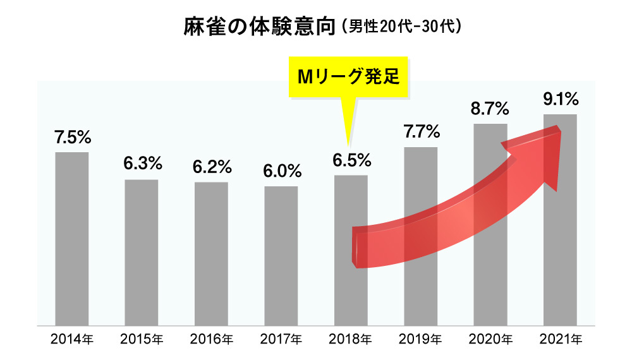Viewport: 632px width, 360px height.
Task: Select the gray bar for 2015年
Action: pyautogui.click(x=141, y=252)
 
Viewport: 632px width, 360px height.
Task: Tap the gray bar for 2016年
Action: pyautogui.click(x=211, y=253)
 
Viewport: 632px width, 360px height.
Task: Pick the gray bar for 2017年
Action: pyautogui.click(x=281, y=255)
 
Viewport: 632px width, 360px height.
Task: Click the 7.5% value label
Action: pyautogui.click(x=73, y=136)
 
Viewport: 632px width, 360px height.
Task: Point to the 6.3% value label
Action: pyautogui.click(x=143, y=164)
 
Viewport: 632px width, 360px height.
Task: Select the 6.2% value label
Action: pyautogui.click(x=212, y=167)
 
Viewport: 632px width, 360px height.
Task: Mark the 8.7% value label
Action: pyautogui.click(x=491, y=109)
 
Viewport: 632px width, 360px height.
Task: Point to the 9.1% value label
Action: pyautogui.click(x=561, y=99)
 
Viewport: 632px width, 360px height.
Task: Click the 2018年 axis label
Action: pyautogui.click(x=350, y=340)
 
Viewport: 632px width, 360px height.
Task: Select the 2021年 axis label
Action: pyautogui.click(x=560, y=340)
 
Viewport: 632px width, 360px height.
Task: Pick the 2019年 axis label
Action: pyautogui.click(x=420, y=340)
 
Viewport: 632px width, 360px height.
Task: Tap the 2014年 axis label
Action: pyautogui.click(x=71, y=340)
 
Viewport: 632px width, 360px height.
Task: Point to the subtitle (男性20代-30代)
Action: pyautogui.click(x=403, y=28)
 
